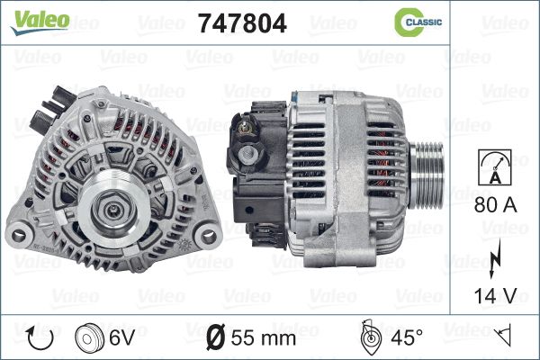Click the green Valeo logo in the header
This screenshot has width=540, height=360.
[x=40, y=22]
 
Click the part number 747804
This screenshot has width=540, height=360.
[x=242, y=23]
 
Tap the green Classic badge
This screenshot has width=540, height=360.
[x=418, y=22]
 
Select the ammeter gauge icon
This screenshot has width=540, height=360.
[x=495, y=167]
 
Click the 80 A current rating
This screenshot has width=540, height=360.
[x=496, y=205]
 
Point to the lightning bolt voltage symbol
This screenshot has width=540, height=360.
[x=494, y=258]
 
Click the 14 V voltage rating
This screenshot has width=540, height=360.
[x=496, y=295]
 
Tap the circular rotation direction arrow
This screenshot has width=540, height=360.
[x=40, y=337]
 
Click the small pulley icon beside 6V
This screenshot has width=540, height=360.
[x=89, y=337]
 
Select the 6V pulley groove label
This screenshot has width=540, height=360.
[x=121, y=337]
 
